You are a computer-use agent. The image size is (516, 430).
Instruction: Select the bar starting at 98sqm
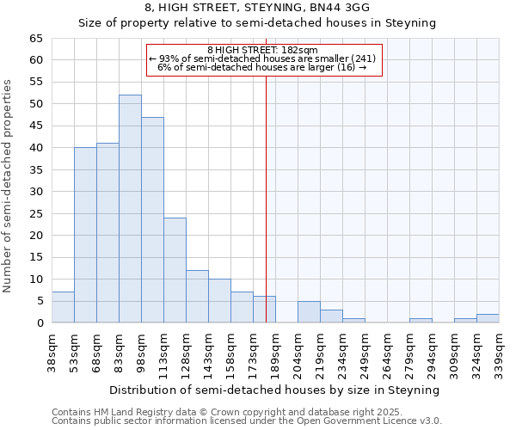pyautogui.click(x=152, y=220)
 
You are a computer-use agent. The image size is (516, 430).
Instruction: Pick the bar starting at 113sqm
pyautogui.click(x=175, y=270)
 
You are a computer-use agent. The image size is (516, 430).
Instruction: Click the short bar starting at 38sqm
pyautogui.click(x=63, y=308)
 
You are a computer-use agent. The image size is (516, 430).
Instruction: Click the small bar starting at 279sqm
pyautogui.click(x=421, y=321)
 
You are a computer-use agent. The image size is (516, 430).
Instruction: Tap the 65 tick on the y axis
pyautogui.click(x=36, y=39)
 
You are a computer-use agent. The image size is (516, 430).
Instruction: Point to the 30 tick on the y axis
pyautogui.click(x=36, y=192)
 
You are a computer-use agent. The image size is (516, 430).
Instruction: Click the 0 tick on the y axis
pyautogui.click(x=40, y=323)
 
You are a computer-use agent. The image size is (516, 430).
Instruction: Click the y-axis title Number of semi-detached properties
pyautogui.click(x=8, y=185)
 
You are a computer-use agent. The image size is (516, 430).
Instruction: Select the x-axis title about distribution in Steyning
pyautogui.click(x=275, y=390)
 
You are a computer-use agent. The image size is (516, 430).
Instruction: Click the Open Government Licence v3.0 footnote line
pyautogui.click(x=247, y=421)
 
